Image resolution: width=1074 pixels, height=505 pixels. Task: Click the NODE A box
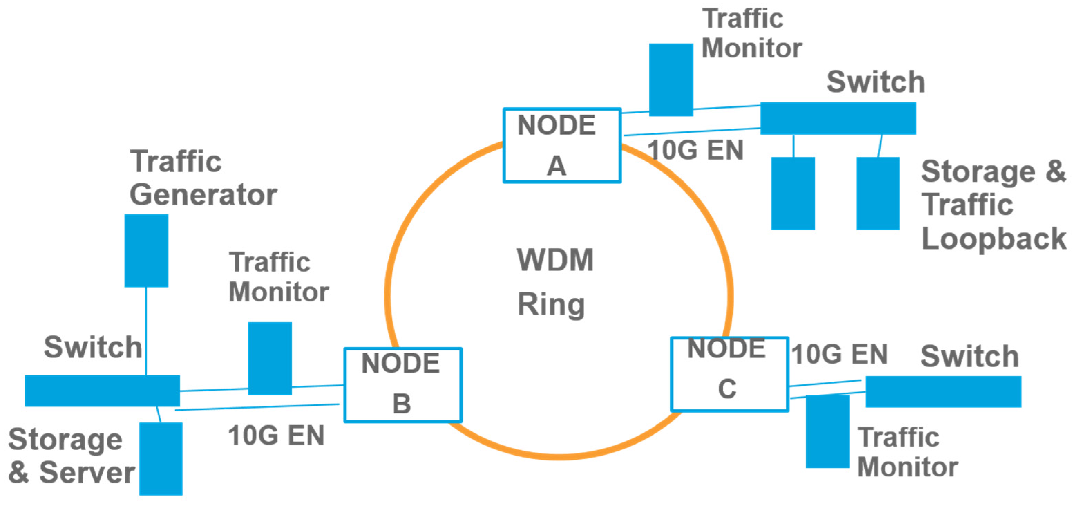(x=562, y=146)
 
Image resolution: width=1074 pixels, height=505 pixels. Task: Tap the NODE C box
(x=729, y=374)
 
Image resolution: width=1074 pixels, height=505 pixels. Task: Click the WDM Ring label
(x=554, y=282)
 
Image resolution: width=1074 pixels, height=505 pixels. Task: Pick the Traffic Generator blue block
(x=146, y=251)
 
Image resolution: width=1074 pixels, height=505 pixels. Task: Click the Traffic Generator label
(x=203, y=178)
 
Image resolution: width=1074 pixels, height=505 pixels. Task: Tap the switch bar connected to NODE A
(x=838, y=119)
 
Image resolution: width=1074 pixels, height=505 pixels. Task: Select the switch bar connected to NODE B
(x=102, y=391)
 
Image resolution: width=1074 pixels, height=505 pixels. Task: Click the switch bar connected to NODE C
(x=943, y=392)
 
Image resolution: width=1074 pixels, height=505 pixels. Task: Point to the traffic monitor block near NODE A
(x=671, y=80)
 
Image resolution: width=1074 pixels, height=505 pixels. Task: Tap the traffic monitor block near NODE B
(x=270, y=358)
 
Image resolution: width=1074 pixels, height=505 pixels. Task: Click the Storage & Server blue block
(x=161, y=459)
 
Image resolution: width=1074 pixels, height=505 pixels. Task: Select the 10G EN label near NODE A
(x=695, y=150)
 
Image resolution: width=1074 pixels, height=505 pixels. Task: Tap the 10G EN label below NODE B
(x=276, y=436)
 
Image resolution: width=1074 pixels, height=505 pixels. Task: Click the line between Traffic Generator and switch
(x=146, y=331)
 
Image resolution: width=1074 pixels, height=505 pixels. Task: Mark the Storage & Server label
(x=71, y=456)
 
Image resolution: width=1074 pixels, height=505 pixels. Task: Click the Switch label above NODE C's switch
(x=970, y=357)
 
